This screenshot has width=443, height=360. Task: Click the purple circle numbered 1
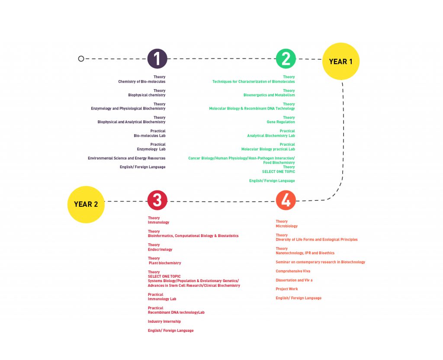(157, 59)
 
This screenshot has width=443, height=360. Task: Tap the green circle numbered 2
(286, 59)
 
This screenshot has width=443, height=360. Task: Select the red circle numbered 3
(157, 200)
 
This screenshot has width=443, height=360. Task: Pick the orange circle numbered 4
(286, 200)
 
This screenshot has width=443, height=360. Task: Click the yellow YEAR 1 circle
(341, 61)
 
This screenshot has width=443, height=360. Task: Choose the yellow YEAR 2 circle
(86, 204)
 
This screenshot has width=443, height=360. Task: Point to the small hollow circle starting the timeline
(81, 58)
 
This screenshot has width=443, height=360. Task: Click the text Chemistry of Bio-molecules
(142, 81)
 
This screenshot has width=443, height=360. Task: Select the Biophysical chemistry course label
(147, 95)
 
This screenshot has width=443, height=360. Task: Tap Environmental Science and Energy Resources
(127, 158)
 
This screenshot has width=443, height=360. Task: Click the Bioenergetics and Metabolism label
(269, 95)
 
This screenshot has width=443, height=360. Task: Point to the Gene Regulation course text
(281, 122)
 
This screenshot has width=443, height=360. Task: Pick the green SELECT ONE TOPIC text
(279, 172)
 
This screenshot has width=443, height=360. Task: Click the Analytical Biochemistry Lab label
(271, 136)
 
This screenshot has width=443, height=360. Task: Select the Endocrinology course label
(160, 250)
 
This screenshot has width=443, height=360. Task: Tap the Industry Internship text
(164, 321)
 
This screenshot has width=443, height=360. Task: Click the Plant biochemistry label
(165, 263)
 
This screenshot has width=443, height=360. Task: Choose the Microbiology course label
(287, 226)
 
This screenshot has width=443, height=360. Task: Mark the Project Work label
(287, 289)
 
